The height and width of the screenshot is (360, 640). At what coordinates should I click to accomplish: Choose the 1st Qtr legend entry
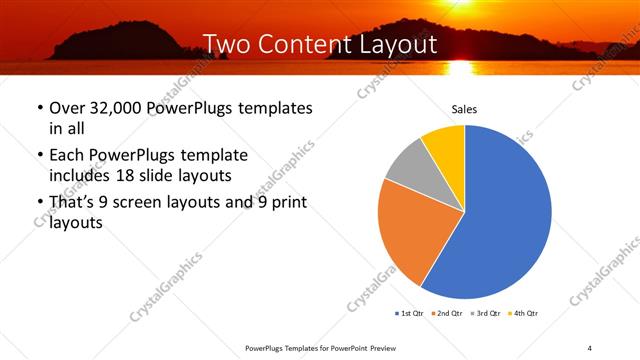(410, 314)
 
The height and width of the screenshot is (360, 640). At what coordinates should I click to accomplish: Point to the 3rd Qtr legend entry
(488, 314)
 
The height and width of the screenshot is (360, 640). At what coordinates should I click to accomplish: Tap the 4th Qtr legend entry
(525, 314)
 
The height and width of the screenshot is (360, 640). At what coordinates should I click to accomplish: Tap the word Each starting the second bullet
(68, 155)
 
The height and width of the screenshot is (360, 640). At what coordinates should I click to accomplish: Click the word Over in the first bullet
(68, 108)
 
